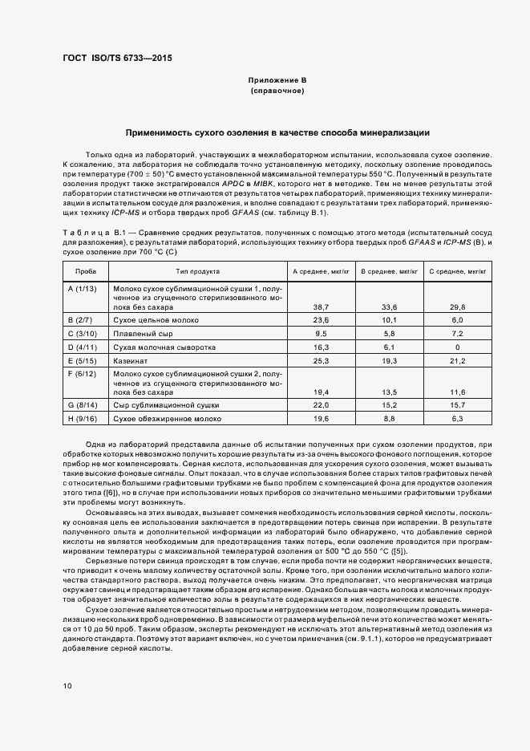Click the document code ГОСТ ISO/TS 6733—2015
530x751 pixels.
pyautogui.click(x=116, y=59)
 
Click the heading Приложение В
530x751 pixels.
pyautogui.click(x=277, y=81)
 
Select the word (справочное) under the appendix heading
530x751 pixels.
pyautogui.click(x=277, y=92)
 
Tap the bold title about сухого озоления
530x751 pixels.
pyautogui.click(x=277, y=132)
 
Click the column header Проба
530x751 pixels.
pyautogui.click(x=85, y=272)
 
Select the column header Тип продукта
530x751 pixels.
pyautogui.click(x=192, y=272)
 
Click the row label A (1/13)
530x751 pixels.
pyautogui.click(x=83, y=288)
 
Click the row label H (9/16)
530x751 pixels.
pyautogui.click(x=83, y=419)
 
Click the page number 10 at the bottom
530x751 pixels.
pyautogui.click(x=67, y=686)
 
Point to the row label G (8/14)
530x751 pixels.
pyautogui.click(x=83, y=405)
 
